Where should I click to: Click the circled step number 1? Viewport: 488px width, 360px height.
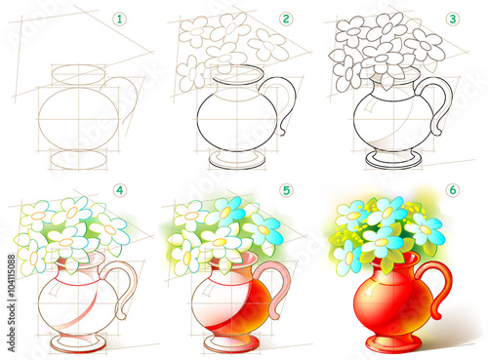click(119, 20)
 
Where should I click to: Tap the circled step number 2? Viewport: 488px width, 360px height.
click(286, 19)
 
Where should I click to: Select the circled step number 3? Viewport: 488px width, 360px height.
click(453, 19)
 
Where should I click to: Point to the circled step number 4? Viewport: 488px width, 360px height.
click(120, 190)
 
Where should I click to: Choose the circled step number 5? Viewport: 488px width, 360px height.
click(286, 190)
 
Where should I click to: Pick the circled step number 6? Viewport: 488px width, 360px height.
click(453, 189)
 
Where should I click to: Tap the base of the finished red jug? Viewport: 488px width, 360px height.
click(393, 344)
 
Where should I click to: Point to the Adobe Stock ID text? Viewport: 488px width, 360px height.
click(12, 302)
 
